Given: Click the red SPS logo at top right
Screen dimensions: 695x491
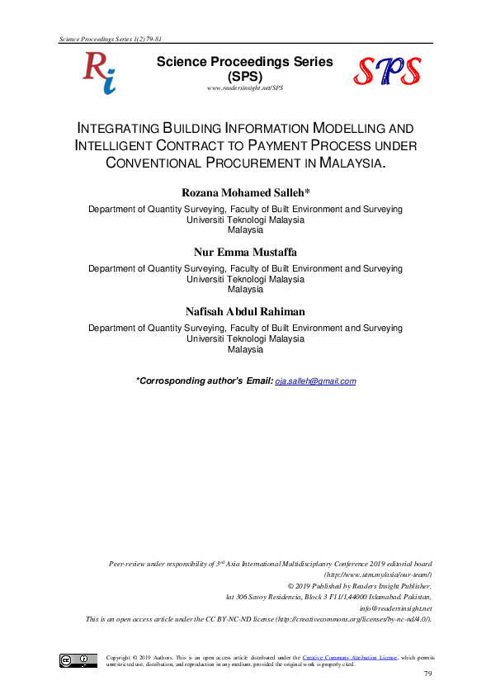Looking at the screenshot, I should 388,72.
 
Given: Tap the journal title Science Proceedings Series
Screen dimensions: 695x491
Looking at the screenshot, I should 246,61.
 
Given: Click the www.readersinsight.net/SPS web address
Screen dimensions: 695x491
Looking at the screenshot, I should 246,87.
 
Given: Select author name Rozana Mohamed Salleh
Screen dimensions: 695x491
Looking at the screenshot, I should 246,193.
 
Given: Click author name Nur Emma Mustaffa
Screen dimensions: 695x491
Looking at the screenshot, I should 246,252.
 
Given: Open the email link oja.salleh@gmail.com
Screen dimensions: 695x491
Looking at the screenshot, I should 315,381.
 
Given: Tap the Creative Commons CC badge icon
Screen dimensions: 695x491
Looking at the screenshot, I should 78,660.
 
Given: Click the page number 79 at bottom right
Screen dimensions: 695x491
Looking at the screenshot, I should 427,675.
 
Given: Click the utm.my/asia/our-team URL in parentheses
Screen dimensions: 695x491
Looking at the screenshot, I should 379,573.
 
